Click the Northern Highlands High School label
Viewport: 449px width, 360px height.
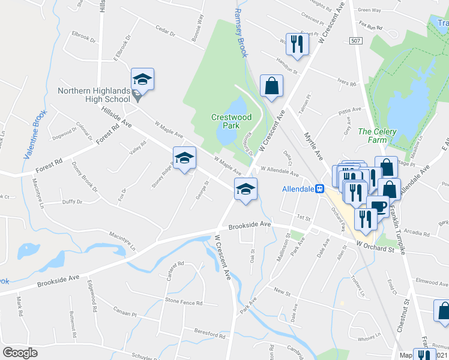(94, 95)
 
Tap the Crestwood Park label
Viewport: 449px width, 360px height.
(225, 121)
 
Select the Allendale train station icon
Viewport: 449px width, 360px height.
(321, 188)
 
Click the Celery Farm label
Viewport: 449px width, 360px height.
(373, 135)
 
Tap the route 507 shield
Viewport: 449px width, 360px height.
(356, 39)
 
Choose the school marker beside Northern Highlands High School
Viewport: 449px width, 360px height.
(143, 79)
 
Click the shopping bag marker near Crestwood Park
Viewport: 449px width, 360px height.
(271, 85)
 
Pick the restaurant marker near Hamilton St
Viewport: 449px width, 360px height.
(297, 43)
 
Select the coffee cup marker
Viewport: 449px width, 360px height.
(378, 207)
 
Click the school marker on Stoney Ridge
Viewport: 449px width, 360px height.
(184, 158)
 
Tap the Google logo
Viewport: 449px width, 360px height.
(20, 353)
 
